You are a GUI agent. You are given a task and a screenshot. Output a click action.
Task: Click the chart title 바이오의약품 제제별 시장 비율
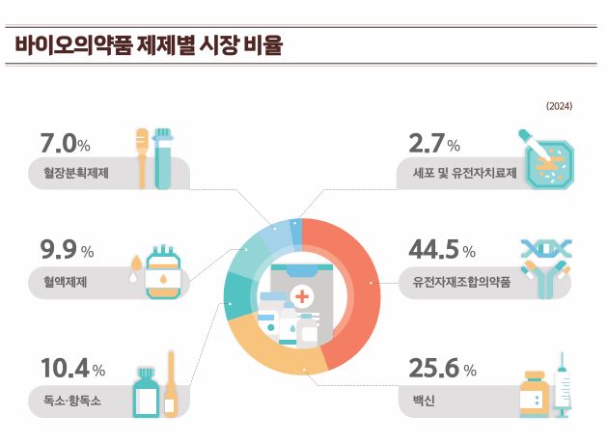(149, 45)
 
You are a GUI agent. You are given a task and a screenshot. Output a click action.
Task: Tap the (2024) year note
(560, 106)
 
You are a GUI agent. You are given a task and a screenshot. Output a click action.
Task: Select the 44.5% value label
(442, 251)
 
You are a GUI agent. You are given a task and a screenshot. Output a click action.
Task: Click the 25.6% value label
(442, 369)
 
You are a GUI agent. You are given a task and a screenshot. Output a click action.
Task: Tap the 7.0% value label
(66, 145)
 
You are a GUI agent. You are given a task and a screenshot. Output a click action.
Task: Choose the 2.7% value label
(434, 145)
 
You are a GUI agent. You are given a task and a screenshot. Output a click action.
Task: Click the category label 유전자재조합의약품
(461, 283)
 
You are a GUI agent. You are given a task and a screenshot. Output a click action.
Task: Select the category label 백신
(421, 400)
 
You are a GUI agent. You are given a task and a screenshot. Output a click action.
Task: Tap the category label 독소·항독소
(72, 400)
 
